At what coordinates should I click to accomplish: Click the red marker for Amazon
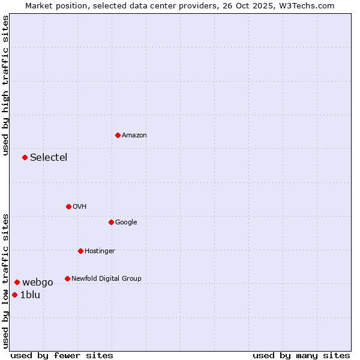pyautogui.click(x=118, y=135)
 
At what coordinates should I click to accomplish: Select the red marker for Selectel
pyautogui.click(x=25, y=157)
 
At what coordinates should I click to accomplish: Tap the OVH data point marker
pyautogui.click(x=68, y=206)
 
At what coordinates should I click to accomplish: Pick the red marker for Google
pyautogui.click(x=111, y=222)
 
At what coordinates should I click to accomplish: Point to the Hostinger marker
pyautogui.click(x=80, y=251)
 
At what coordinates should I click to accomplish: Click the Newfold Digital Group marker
pyautogui.click(x=67, y=278)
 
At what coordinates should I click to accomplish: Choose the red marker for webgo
pyautogui.click(x=17, y=282)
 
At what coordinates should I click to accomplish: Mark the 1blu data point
pyautogui.click(x=14, y=295)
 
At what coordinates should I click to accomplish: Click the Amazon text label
pyautogui.click(x=134, y=136)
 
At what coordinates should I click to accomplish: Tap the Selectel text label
pyautogui.click(x=49, y=158)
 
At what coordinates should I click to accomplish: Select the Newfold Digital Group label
pyautogui.click(x=106, y=278)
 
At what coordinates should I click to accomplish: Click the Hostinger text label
pyautogui.click(x=100, y=251)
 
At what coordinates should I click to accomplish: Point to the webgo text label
pyautogui.click(x=38, y=283)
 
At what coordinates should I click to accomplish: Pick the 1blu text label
pyautogui.click(x=30, y=295)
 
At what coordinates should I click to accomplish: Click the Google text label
pyautogui.click(x=126, y=222)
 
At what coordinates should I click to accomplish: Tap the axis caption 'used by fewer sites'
pyautogui.click(x=62, y=355)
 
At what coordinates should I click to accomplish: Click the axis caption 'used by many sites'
pyautogui.click(x=301, y=355)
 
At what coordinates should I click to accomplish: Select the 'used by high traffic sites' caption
pyautogui.click(x=5, y=85)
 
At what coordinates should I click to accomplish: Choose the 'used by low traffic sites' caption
pyautogui.click(x=5, y=281)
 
